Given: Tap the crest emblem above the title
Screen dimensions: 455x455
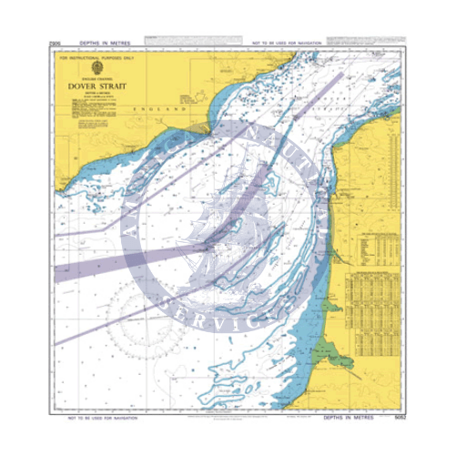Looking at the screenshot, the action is (x=91, y=68).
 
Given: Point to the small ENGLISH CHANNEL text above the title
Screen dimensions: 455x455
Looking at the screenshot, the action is (x=91, y=77).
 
